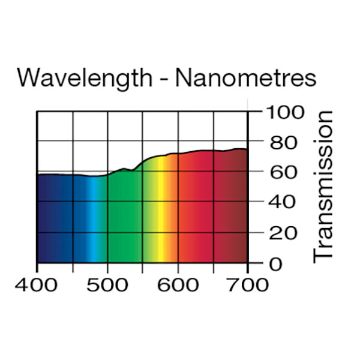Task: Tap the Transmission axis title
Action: (x=323, y=185)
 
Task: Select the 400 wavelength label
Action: (x=37, y=284)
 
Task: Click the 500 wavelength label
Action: (x=108, y=284)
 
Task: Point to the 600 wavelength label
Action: (x=178, y=284)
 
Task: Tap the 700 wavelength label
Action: (x=248, y=284)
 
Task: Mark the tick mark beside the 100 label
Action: (x=254, y=112)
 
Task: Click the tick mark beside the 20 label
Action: (x=254, y=232)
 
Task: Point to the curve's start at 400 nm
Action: (x=38, y=174)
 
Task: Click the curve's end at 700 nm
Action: (x=247, y=149)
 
